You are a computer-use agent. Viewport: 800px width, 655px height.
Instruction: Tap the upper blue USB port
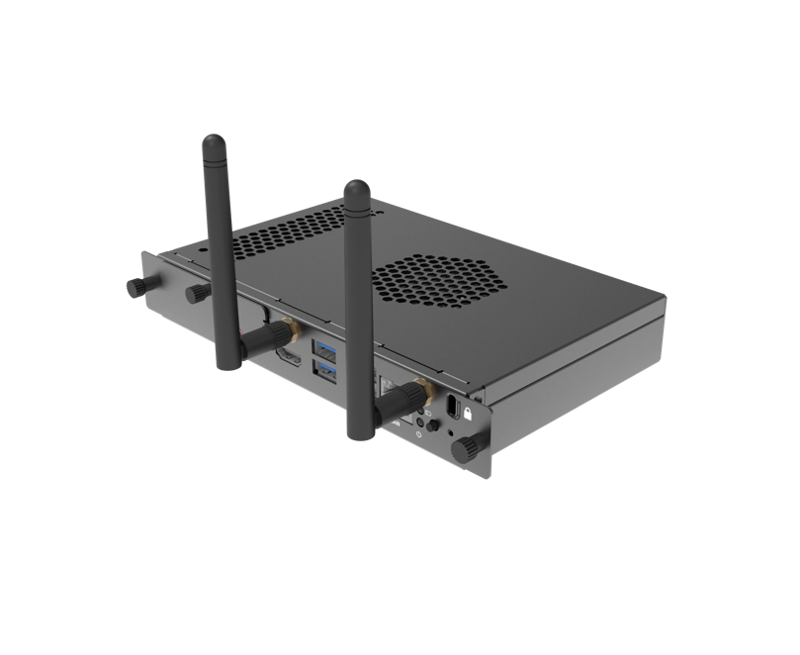(x=324, y=348)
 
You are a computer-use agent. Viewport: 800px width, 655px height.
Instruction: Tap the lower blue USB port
(x=323, y=370)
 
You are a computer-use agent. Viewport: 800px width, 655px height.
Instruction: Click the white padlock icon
(x=467, y=415)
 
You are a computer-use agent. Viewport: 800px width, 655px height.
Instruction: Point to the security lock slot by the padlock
(x=452, y=408)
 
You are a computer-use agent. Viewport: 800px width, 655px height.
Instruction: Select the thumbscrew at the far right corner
(x=463, y=449)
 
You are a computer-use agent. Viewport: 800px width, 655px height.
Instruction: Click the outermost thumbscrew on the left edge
(x=135, y=287)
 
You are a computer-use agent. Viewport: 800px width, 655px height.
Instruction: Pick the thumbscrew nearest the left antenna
(x=197, y=293)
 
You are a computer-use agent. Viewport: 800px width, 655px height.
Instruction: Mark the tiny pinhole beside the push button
(x=451, y=431)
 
